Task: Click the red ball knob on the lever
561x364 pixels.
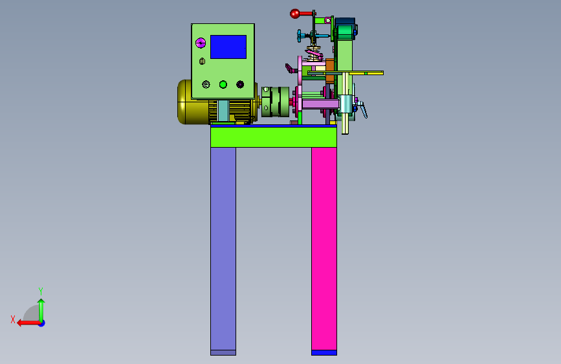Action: [294, 14]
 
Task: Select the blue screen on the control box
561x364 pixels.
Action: [228, 47]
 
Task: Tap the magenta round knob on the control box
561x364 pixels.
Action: [201, 43]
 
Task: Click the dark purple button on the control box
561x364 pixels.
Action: [240, 84]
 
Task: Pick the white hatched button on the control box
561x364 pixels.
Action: [206, 84]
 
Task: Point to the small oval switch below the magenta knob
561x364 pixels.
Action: [202, 62]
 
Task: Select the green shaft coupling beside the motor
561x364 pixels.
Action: [275, 102]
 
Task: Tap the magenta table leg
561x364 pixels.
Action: [324, 249]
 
